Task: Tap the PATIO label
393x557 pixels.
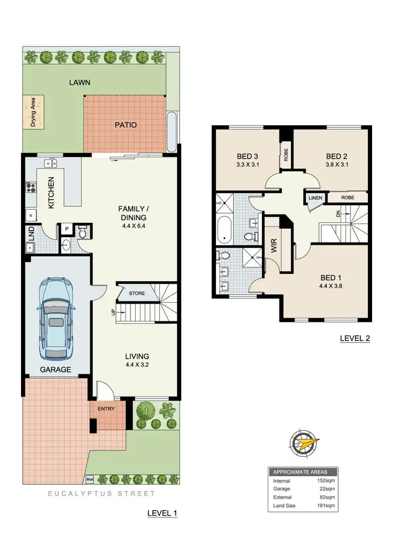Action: (126, 125)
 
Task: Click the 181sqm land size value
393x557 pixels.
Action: (325, 506)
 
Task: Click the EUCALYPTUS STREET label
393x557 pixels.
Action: (102, 494)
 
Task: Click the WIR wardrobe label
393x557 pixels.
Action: (274, 247)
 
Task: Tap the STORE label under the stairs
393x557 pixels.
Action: (137, 293)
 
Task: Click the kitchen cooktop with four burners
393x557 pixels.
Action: (30, 187)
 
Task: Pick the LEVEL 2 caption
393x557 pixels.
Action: (355, 339)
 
